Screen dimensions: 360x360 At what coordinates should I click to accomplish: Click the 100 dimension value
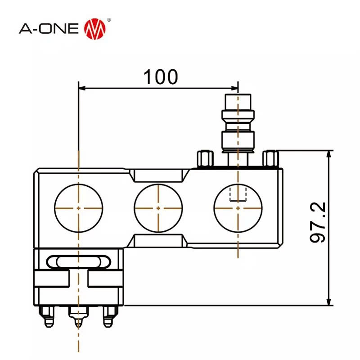click(161, 77)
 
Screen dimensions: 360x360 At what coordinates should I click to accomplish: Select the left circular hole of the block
click(78, 208)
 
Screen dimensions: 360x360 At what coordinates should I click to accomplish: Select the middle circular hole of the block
click(158, 208)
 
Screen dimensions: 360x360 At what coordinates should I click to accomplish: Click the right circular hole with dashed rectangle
click(238, 208)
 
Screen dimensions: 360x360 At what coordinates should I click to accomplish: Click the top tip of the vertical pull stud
click(238, 95)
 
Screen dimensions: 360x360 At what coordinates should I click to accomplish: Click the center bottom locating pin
click(78, 318)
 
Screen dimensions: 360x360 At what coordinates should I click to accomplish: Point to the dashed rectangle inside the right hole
click(238, 194)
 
